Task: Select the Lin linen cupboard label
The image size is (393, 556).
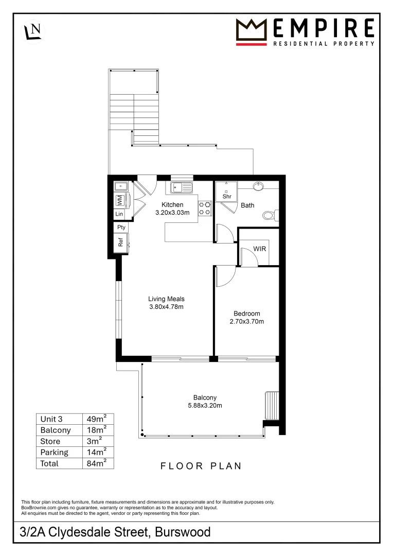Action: pos(119,214)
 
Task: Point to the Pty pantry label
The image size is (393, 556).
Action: pos(121,227)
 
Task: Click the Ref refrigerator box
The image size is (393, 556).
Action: pos(121,242)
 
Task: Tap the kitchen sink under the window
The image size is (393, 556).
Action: pos(182,187)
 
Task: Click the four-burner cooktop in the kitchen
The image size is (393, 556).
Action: pos(205,207)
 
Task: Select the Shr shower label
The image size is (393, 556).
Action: pos(227,197)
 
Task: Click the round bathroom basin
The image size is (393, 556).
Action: pos(259,186)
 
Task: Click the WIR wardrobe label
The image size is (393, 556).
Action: pos(260,249)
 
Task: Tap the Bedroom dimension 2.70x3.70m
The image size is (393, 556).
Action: pos(246,322)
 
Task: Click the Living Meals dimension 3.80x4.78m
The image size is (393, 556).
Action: pos(166,307)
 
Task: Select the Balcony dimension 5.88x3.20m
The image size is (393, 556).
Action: pos(205,405)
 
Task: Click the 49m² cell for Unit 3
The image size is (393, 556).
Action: pos(98,418)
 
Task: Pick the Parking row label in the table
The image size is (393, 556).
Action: pos(54,452)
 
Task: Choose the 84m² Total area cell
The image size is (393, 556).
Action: pos(98,463)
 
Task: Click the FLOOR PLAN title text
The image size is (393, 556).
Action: pos(201,466)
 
